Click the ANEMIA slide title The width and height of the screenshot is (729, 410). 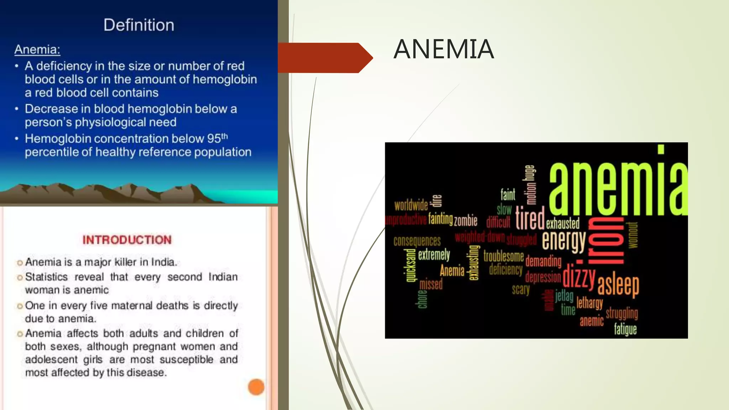click(444, 49)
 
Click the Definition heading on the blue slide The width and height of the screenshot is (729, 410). click(139, 25)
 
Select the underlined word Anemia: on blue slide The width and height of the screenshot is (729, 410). click(37, 49)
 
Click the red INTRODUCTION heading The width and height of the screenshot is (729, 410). click(127, 240)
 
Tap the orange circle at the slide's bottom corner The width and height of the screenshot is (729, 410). click(256, 387)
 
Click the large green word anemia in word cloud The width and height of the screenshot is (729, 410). click(618, 189)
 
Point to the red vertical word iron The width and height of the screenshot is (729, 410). click(605, 242)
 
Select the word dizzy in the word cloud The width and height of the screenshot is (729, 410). click(579, 276)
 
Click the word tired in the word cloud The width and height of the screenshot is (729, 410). click(530, 218)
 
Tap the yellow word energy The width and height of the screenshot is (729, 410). click(564, 241)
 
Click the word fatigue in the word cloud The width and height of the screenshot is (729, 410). click(625, 329)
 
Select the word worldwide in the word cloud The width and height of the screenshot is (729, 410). click(411, 205)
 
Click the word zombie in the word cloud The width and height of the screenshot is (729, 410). click(466, 221)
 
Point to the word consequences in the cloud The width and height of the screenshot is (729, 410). click(417, 241)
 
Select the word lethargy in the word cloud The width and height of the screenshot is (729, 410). click(590, 303)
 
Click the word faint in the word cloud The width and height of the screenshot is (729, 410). click(508, 194)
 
